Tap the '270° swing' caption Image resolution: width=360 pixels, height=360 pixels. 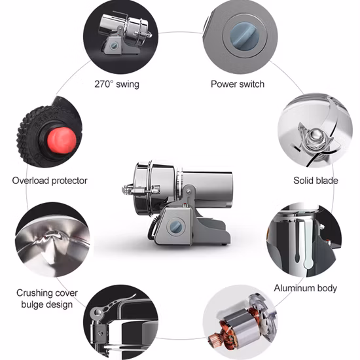pyautogui.click(x=117, y=84)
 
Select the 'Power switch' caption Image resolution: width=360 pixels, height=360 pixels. pyautogui.click(x=238, y=84)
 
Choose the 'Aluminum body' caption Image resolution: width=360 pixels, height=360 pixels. pyautogui.click(x=305, y=287)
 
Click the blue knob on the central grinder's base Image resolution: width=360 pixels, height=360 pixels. pyautogui.click(x=176, y=225)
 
